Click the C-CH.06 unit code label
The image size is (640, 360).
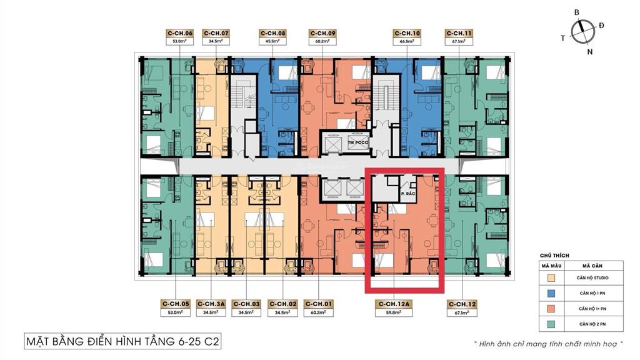point(180,33)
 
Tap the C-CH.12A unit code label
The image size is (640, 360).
point(394,304)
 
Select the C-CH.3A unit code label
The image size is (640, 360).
point(211,304)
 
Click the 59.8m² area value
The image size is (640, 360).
point(394,312)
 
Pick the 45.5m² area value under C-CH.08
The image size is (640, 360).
point(273,41)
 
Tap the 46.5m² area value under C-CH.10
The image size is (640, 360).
point(407,41)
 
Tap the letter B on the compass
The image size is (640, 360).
point(577,12)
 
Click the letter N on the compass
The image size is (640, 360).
point(590,52)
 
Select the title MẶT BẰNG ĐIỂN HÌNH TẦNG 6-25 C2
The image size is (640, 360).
point(122,342)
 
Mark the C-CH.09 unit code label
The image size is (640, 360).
point(322,33)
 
